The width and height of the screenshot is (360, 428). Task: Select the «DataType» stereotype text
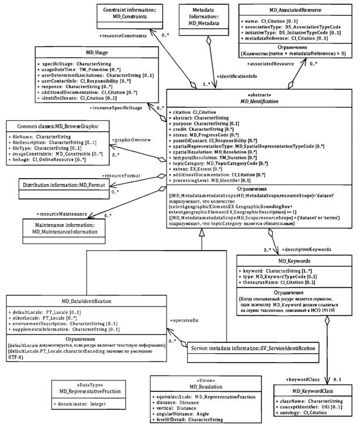[75, 385]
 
